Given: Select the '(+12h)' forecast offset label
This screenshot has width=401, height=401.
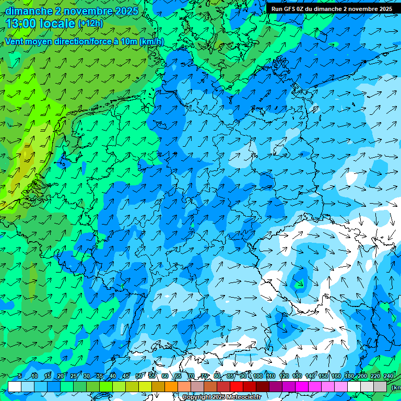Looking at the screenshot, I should coord(90,23).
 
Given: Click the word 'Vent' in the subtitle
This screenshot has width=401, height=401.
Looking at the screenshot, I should coord(15,42).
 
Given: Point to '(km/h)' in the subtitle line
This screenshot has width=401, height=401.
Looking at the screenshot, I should coord(152,42).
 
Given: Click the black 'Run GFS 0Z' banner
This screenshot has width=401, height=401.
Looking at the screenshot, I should coord(332,9).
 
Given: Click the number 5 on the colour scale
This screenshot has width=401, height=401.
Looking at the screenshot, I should coord(20,376).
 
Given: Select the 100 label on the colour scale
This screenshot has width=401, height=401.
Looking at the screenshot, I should coord(257,376).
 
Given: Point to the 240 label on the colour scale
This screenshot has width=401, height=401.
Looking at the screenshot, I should coord(388,376).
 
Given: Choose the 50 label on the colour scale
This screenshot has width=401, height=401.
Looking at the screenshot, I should coord(139,376).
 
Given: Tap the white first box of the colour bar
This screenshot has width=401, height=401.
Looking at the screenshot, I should coord(15,386).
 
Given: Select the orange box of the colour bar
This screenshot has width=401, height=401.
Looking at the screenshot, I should coord(172,386).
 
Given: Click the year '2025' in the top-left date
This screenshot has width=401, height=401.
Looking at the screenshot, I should coord(127,11).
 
